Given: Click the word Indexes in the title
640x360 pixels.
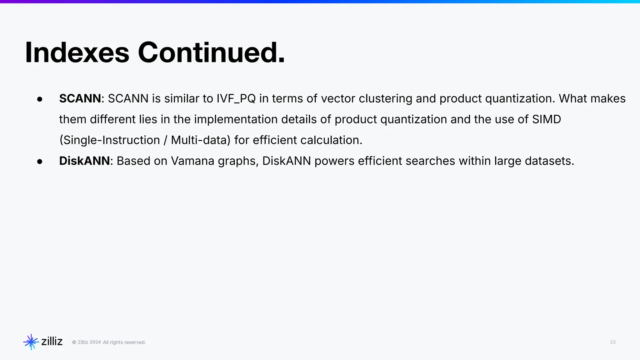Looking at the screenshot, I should point(77,52).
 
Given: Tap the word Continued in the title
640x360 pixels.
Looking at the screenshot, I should point(211,52).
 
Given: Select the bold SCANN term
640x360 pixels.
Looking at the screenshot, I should point(80,98).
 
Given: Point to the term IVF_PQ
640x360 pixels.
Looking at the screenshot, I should point(236,99).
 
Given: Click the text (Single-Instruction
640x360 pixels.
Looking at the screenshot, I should point(110,140).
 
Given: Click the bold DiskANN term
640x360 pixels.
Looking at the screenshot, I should point(84,161).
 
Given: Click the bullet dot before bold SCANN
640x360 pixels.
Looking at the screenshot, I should point(40,99).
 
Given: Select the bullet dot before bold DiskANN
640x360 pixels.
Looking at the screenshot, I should point(40,162).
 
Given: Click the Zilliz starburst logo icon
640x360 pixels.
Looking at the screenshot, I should point(31,342).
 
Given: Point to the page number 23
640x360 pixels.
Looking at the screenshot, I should point(612,342).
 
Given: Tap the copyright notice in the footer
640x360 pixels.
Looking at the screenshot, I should point(109,342).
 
